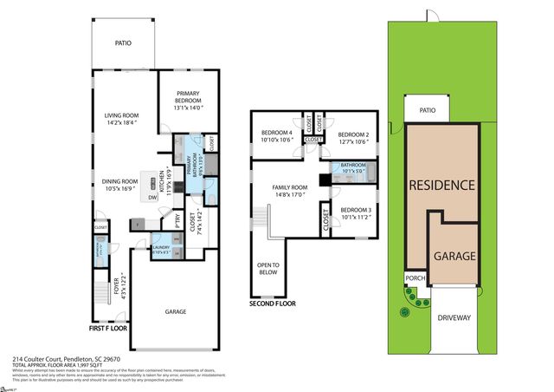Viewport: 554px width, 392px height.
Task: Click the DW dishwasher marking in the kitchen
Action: [152, 197]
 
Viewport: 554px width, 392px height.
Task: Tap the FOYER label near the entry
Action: [118, 285]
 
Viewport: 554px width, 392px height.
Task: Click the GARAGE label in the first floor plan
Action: [176, 311]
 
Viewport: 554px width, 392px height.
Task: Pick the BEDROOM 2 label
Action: [353, 134]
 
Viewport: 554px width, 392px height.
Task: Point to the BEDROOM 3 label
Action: [355, 211]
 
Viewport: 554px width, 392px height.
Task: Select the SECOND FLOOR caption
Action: [273, 304]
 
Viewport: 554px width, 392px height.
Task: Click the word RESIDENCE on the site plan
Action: [441, 185]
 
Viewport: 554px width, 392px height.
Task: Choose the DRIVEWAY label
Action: [453, 317]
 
